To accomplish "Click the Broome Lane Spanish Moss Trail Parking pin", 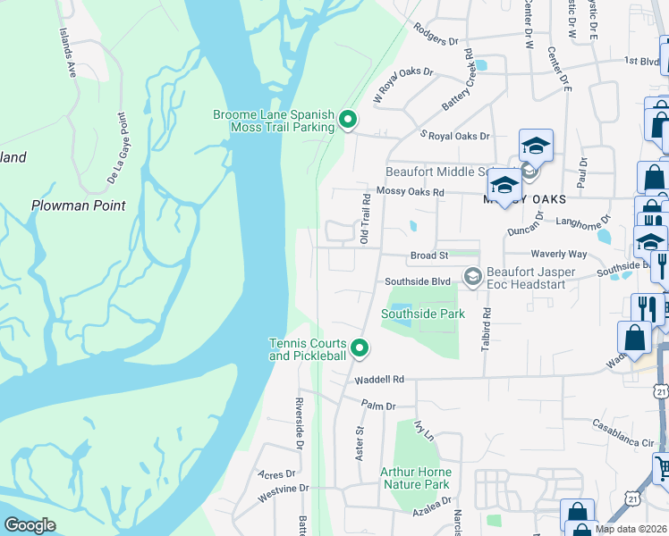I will click(350, 119).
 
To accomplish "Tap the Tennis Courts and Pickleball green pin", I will click(359, 348).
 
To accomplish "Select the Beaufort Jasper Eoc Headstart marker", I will click(471, 279).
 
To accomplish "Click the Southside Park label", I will click(423, 314).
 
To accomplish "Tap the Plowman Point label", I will click(78, 205).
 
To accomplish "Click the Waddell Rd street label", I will click(379, 380).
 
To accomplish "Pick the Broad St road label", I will click(429, 256).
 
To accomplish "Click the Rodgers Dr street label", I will click(436, 34).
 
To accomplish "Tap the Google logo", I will click(30, 525).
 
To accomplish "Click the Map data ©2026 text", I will click(631, 529).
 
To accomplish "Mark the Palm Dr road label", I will click(378, 406).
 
